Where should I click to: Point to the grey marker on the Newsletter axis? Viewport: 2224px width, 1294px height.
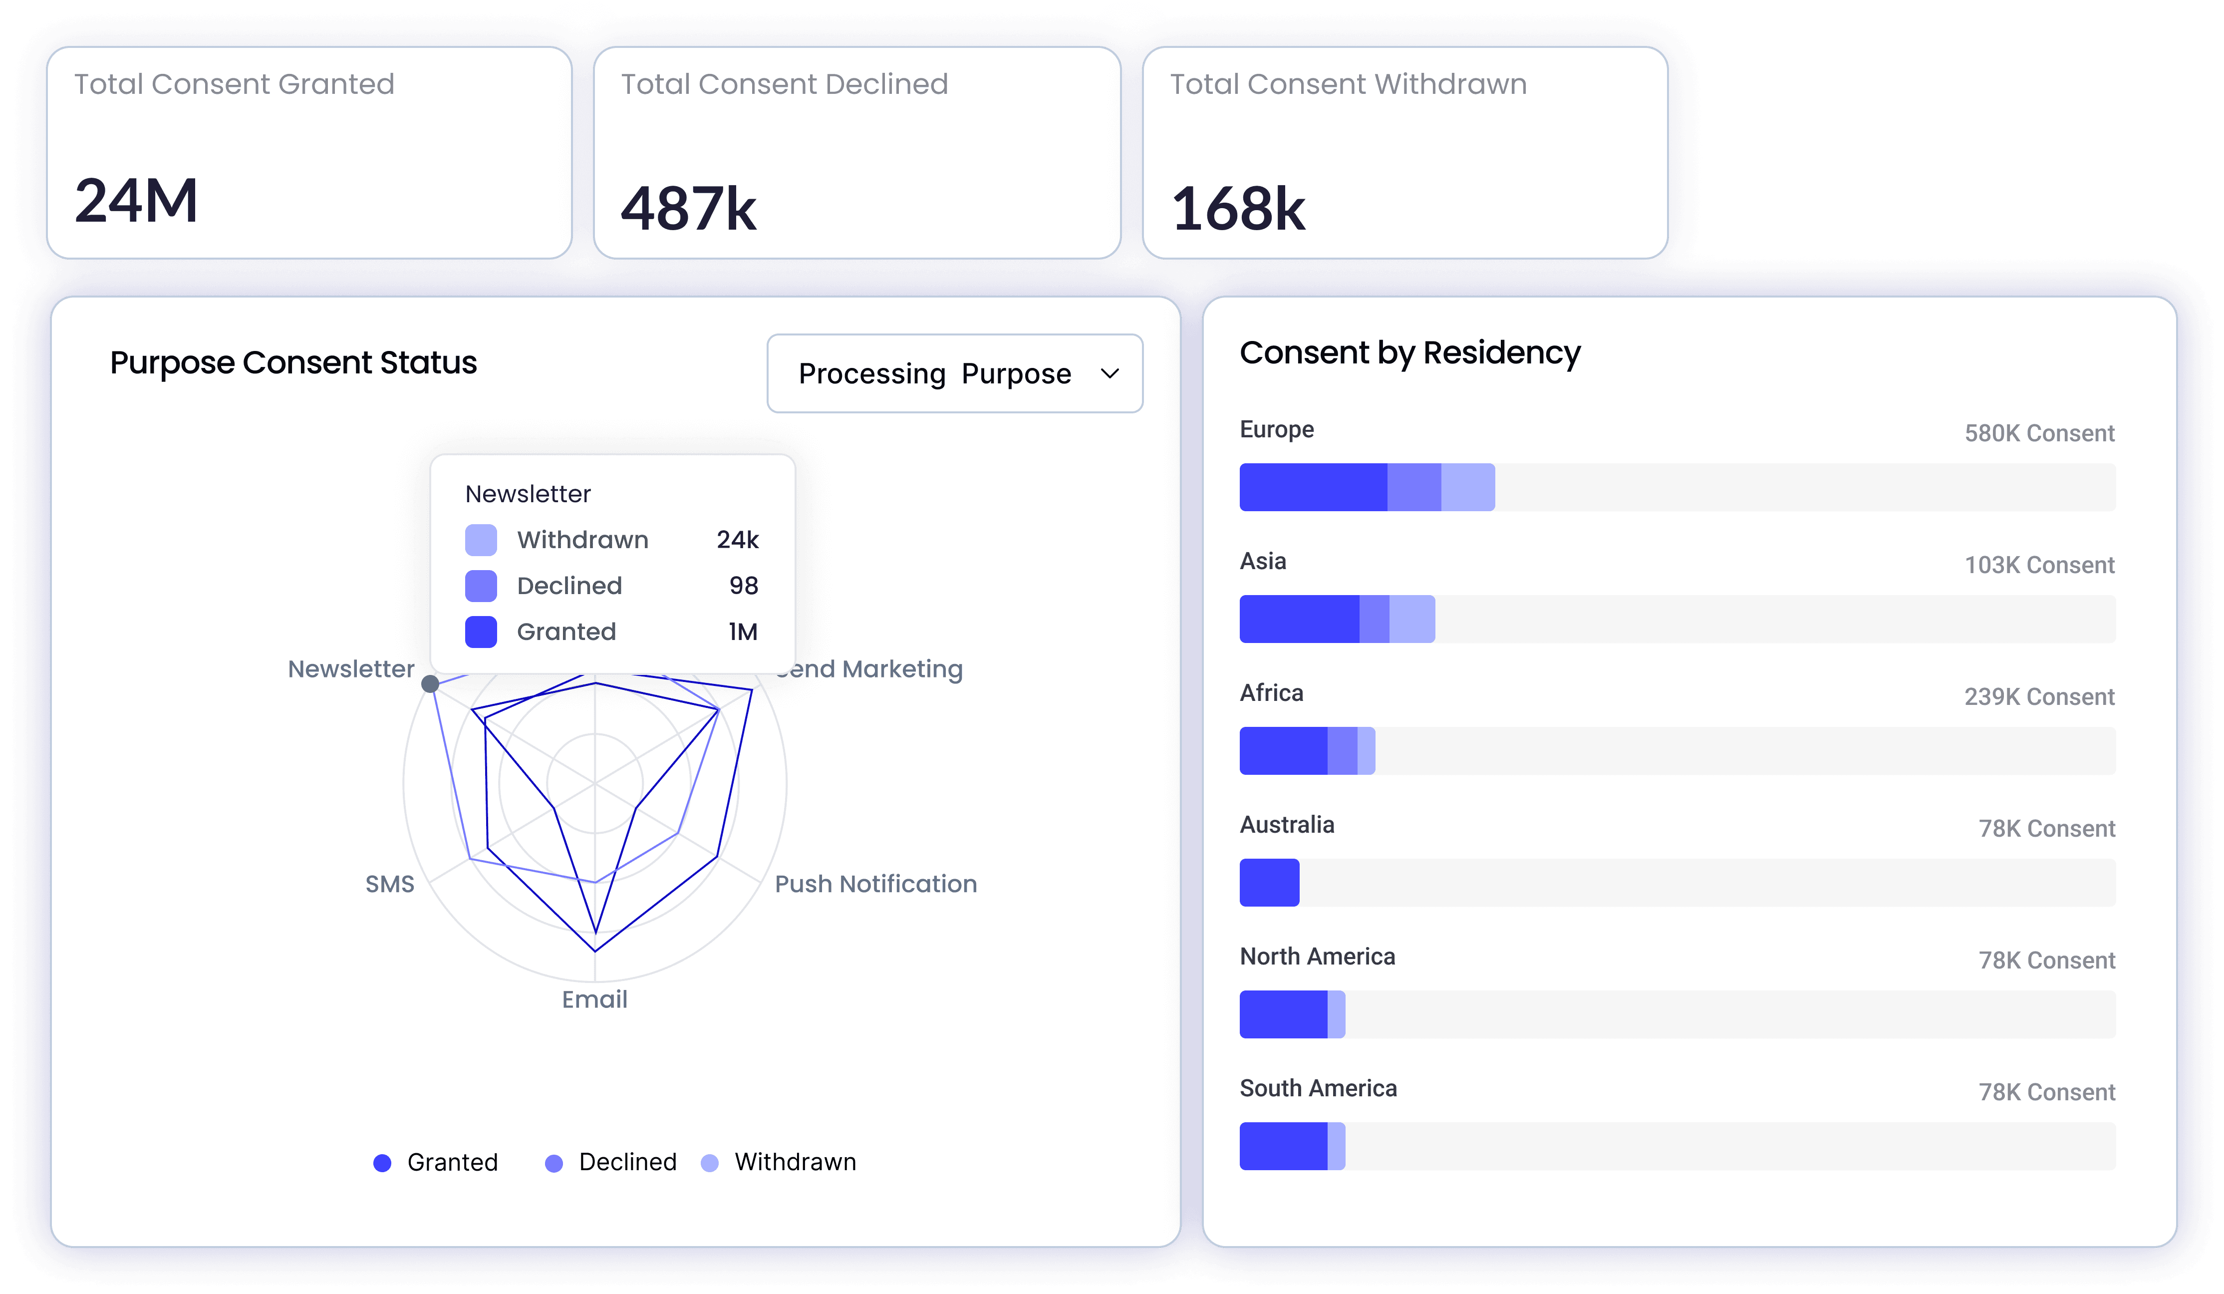pos(430,684)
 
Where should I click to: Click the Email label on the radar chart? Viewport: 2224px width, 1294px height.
pos(595,999)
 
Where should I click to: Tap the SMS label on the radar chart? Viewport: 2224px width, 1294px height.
pos(389,884)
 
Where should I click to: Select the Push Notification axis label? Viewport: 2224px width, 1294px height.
pos(875,884)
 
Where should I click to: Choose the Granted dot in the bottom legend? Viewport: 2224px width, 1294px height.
pos(382,1163)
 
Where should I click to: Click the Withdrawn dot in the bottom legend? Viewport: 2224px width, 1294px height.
pos(710,1163)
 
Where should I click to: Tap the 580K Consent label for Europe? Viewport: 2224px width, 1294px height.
pos(2039,433)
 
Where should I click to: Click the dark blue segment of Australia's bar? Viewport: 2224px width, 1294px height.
pos(1269,883)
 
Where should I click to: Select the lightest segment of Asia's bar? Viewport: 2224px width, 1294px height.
pos(1412,619)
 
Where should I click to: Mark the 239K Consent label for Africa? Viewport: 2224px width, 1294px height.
pos(2039,697)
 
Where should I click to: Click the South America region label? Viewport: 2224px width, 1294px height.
pos(1318,1088)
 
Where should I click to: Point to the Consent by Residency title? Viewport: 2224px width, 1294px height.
pos(1409,353)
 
